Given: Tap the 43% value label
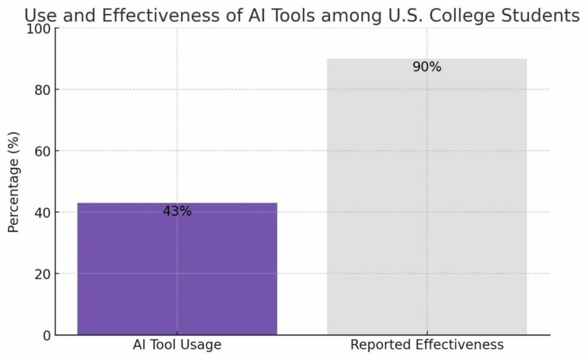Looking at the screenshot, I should pyautogui.click(x=177, y=211).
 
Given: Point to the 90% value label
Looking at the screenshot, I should pyautogui.click(x=427, y=67).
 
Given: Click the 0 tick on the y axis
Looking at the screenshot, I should pyautogui.click(x=47, y=335).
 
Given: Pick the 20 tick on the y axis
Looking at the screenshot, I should pyautogui.click(x=43, y=274).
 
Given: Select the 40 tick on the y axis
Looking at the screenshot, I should pyautogui.click(x=43, y=212).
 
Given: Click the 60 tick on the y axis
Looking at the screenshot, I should pyautogui.click(x=43, y=151).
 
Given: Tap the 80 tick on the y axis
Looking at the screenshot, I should pyautogui.click(x=43, y=90).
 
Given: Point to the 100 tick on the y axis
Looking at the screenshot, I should pyautogui.click(x=40, y=28).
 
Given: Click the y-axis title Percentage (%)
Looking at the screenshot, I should pyautogui.click(x=14, y=181).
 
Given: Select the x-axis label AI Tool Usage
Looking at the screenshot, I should pyautogui.click(x=177, y=345).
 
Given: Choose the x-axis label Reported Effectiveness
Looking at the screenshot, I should pyautogui.click(x=427, y=345).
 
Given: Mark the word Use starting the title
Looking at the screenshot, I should pyautogui.click(x=40, y=16).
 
